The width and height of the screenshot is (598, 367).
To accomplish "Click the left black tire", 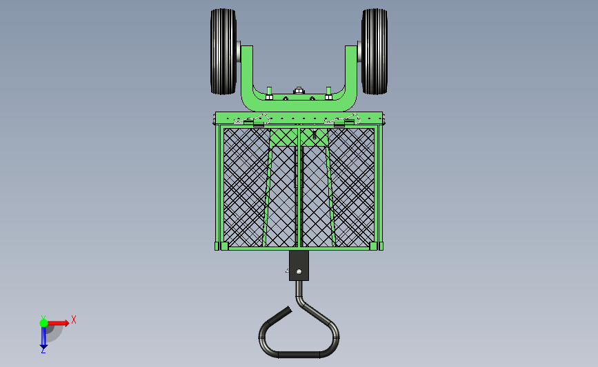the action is [223, 52].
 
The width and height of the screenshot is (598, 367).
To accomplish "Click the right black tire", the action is [375, 52].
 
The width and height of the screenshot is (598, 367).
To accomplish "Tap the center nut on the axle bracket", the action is [299, 91].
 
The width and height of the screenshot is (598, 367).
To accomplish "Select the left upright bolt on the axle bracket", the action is [269, 93].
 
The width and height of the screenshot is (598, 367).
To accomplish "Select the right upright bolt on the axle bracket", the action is [328, 93].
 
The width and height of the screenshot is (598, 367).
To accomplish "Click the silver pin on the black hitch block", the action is [299, 271].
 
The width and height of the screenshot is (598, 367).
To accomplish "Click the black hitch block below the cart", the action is [299, 265].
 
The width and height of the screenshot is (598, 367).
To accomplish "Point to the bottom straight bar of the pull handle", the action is [299, 355].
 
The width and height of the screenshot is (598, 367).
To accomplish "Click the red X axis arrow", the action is [57, 323].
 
